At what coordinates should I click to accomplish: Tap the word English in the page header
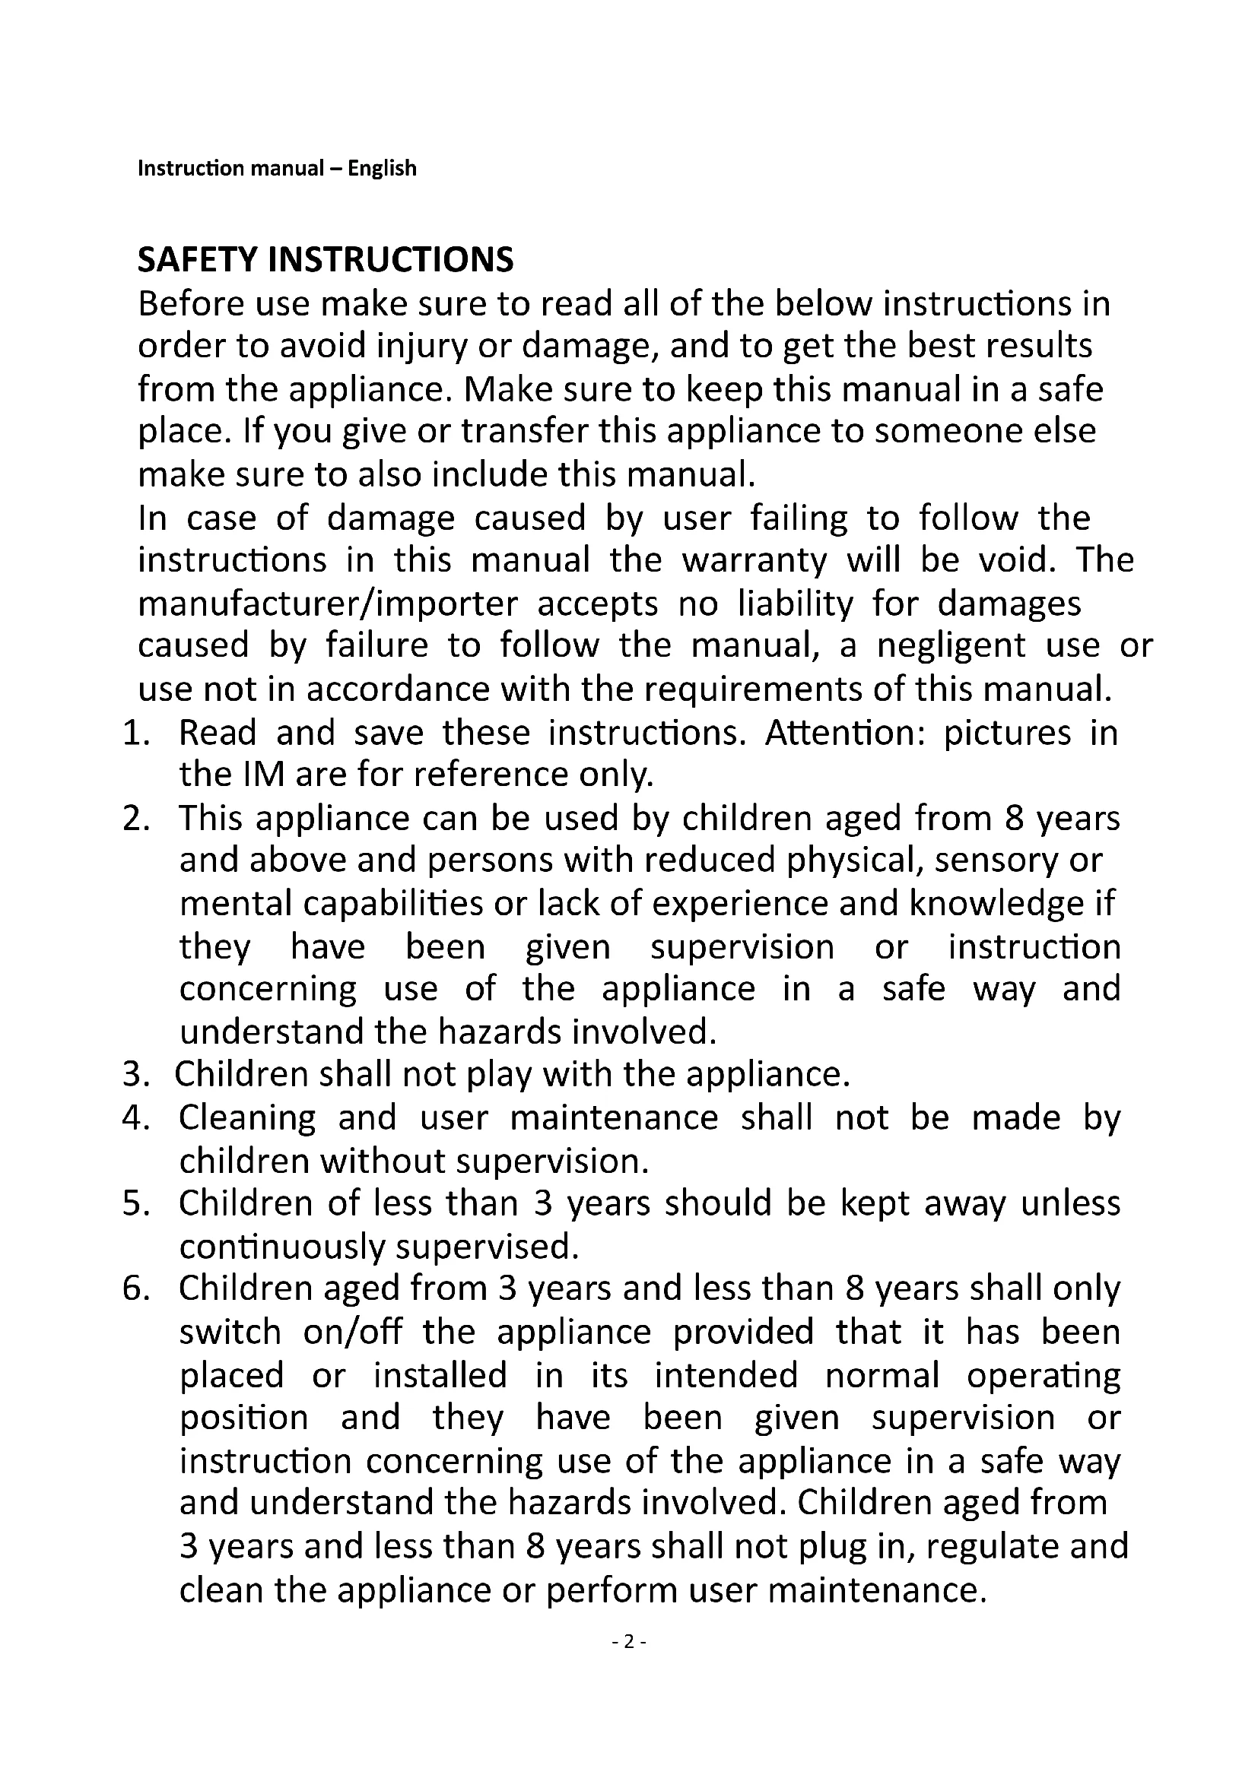(x=382, y=168)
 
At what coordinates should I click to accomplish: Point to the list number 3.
(x=133, y=1075)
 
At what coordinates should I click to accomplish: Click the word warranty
(x=754, y=560)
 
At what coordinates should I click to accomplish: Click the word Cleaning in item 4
(x=247, y=1118)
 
